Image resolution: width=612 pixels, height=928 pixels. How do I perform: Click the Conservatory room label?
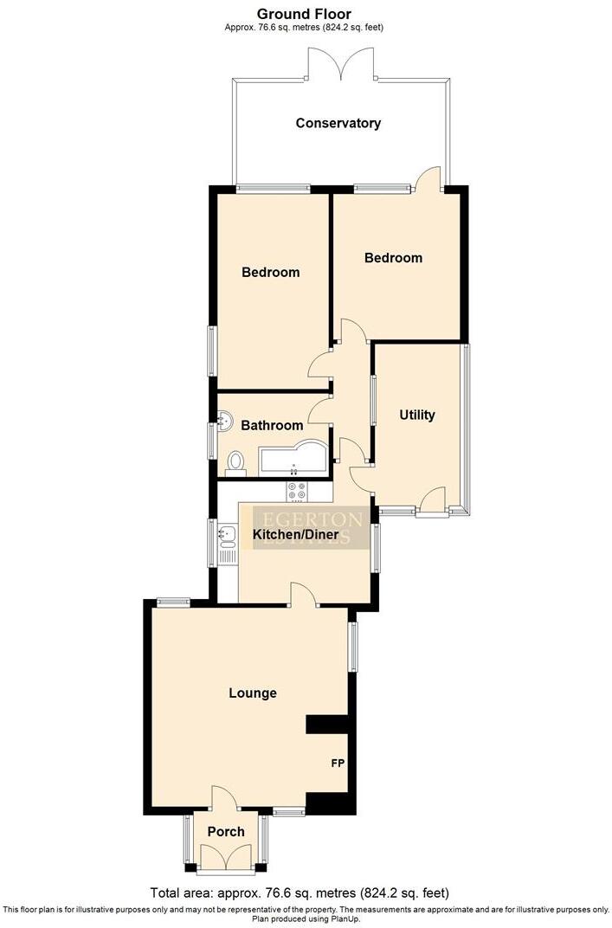[x=338, y=123]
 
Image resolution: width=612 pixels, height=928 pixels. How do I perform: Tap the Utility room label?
[x=416, y=415]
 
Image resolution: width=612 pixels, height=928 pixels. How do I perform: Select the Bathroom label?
[x=272, y=425]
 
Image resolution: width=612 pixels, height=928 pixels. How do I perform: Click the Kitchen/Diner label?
[x=300, y=535]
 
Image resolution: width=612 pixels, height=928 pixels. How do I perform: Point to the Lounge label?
[x=253, y=693]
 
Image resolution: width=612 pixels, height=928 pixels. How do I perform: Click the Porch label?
[x=225, y=832]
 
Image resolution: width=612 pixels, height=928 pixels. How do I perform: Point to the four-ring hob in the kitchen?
[x=296, y=491]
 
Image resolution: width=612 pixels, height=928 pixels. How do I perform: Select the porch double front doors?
[x=225, y=857]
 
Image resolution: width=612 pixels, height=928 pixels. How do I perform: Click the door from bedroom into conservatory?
[x=428, y=179]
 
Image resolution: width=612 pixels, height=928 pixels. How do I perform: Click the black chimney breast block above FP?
[x=327, y=724]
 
